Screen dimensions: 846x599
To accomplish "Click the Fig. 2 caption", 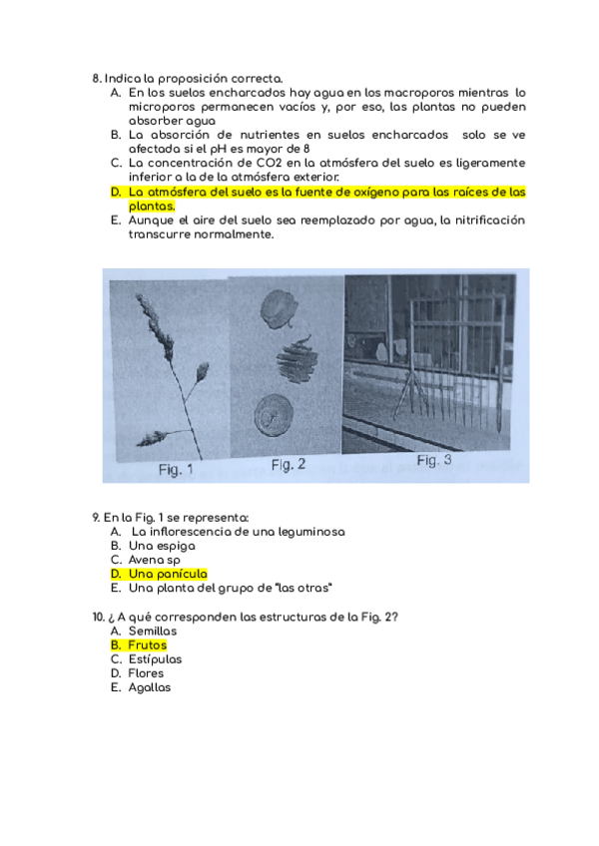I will click(289, 465).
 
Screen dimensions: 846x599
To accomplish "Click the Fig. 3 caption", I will click(434, 461).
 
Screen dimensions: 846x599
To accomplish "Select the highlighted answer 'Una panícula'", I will click(167, 574).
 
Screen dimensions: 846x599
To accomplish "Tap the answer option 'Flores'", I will click(146, 673).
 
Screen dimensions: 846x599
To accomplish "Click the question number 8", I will click(95, 78).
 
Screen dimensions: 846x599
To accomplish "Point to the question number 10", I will click(98, 617).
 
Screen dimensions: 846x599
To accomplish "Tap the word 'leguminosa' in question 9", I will click(307, 532).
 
